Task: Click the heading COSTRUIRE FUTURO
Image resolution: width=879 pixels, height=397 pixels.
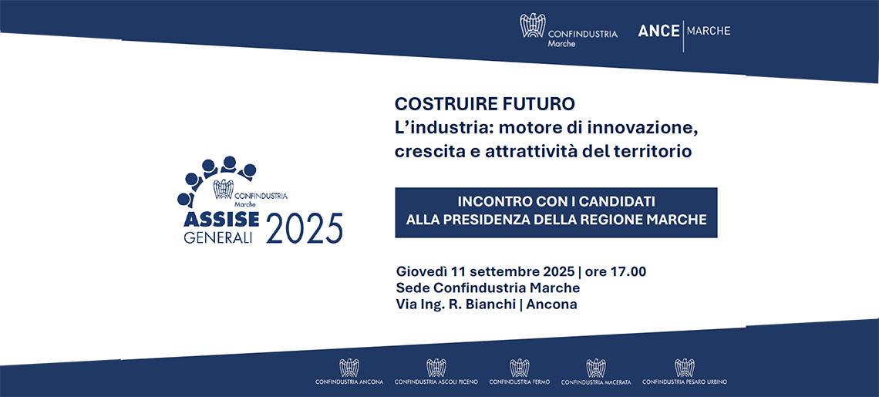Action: [x=485, y=104]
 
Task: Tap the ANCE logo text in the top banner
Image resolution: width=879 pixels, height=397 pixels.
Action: [x=658, y=32]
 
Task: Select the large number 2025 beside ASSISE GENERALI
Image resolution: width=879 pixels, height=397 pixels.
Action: [x=305, y=228]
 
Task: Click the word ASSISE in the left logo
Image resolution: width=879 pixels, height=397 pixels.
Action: [x=221, y=219]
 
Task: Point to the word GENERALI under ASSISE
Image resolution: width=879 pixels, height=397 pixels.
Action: [x=218, y=237]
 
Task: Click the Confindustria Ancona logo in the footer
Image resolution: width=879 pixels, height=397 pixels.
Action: [x=349, y=372]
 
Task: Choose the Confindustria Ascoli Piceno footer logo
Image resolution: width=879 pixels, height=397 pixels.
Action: [x=436, y=372]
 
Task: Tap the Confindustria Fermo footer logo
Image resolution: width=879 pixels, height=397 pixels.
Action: [x=520, y=372]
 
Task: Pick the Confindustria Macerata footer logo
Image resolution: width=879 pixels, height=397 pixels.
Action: [x=596, y=372]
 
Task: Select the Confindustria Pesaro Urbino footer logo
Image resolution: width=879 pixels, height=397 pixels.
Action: [x=685, y=372]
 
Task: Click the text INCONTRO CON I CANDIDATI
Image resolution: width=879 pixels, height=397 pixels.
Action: [x=556, y=201]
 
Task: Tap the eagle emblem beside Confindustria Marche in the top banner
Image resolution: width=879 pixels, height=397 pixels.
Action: [x=533, y=25]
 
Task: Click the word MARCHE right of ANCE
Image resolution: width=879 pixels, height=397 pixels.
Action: [x=709, y=31]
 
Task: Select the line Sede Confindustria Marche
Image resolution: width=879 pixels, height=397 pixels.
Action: [x=488, y=288]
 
